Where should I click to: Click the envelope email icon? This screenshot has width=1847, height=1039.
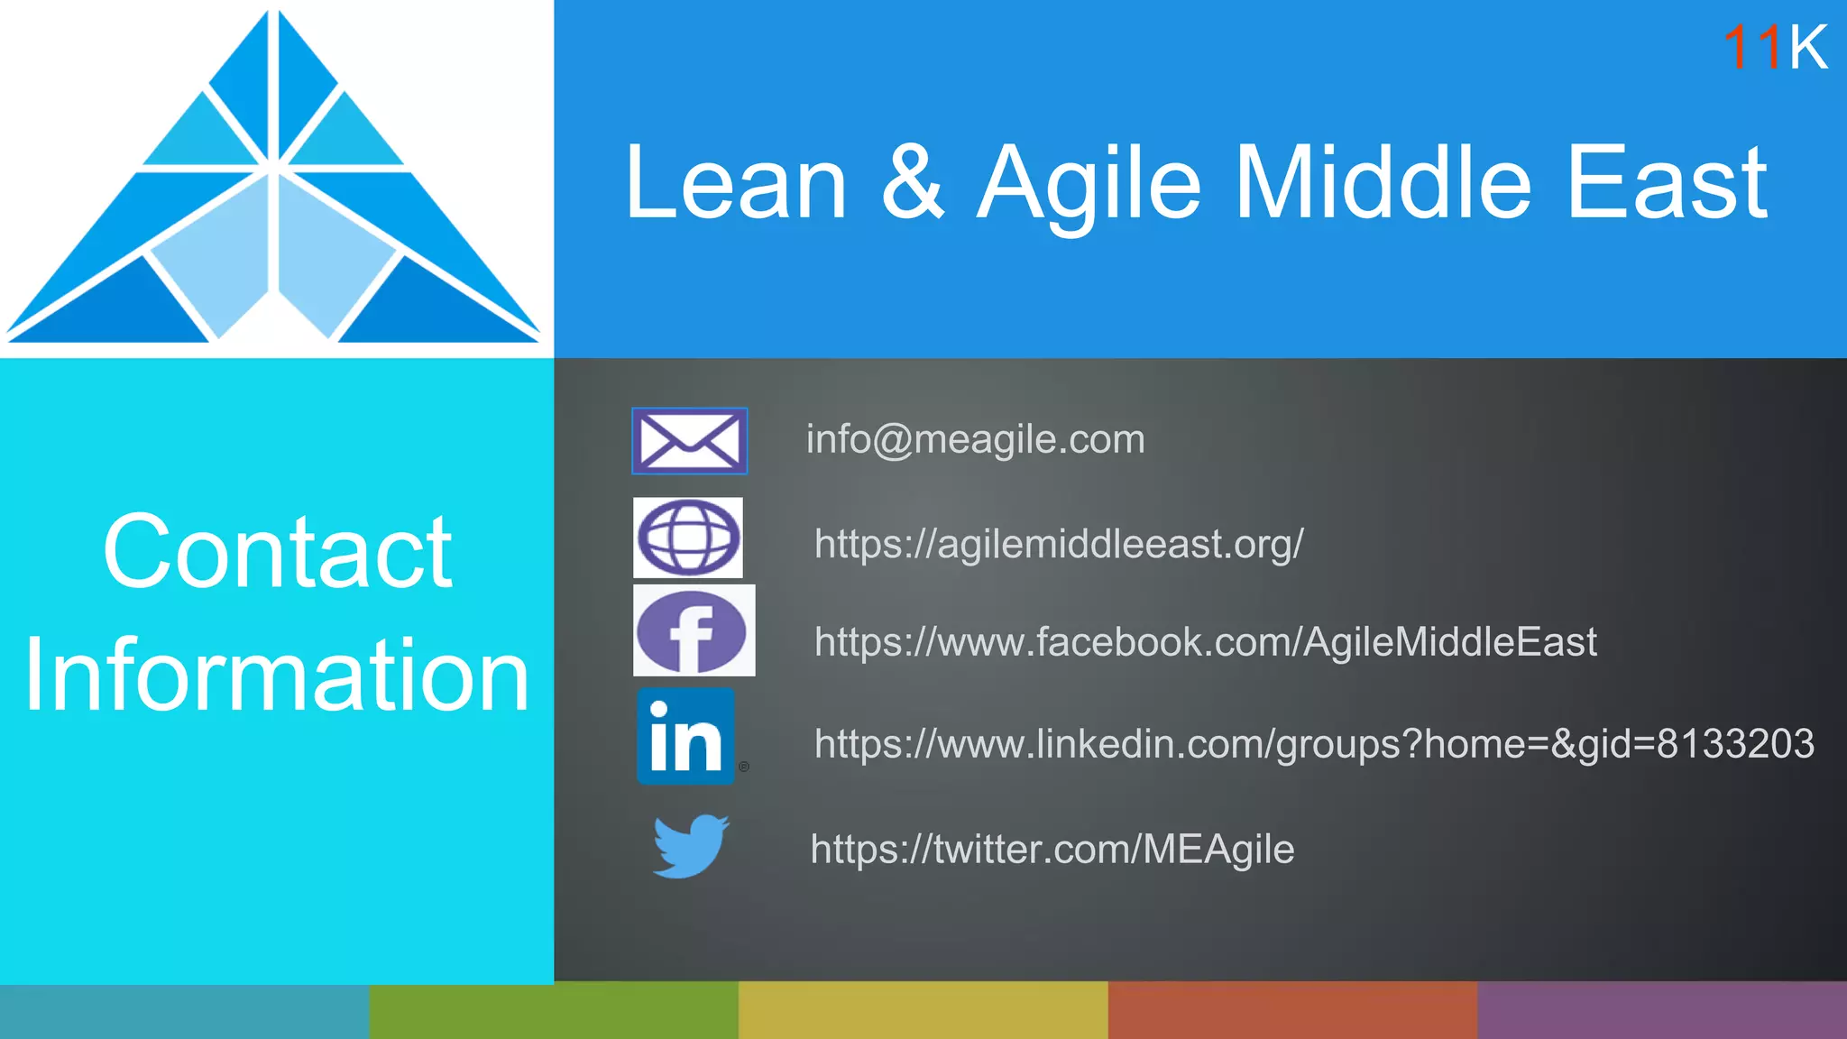click(689, 440)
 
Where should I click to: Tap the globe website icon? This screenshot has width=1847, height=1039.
click(688, 538)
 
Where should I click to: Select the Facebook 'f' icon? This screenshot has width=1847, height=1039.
click(693, 631)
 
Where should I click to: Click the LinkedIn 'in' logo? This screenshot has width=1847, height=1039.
click(686, 737)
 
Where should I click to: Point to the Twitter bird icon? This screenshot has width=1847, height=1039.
click(690, 845)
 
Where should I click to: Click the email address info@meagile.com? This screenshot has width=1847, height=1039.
click(975, 440)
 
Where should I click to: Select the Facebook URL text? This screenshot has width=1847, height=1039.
click(1205, 642)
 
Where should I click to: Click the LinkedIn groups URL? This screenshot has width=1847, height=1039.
click(1313, 744)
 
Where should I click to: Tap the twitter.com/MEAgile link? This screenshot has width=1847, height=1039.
click(1052, 850)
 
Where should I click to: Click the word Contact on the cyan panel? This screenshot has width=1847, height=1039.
click(277, 551)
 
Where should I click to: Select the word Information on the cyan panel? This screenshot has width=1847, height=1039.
click(277, 675)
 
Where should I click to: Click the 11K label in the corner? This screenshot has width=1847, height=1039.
click(1774, 47)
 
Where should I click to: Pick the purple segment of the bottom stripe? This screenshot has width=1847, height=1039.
click(1661, 1010)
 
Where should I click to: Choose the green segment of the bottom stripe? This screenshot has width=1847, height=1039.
click(554, 1010)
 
